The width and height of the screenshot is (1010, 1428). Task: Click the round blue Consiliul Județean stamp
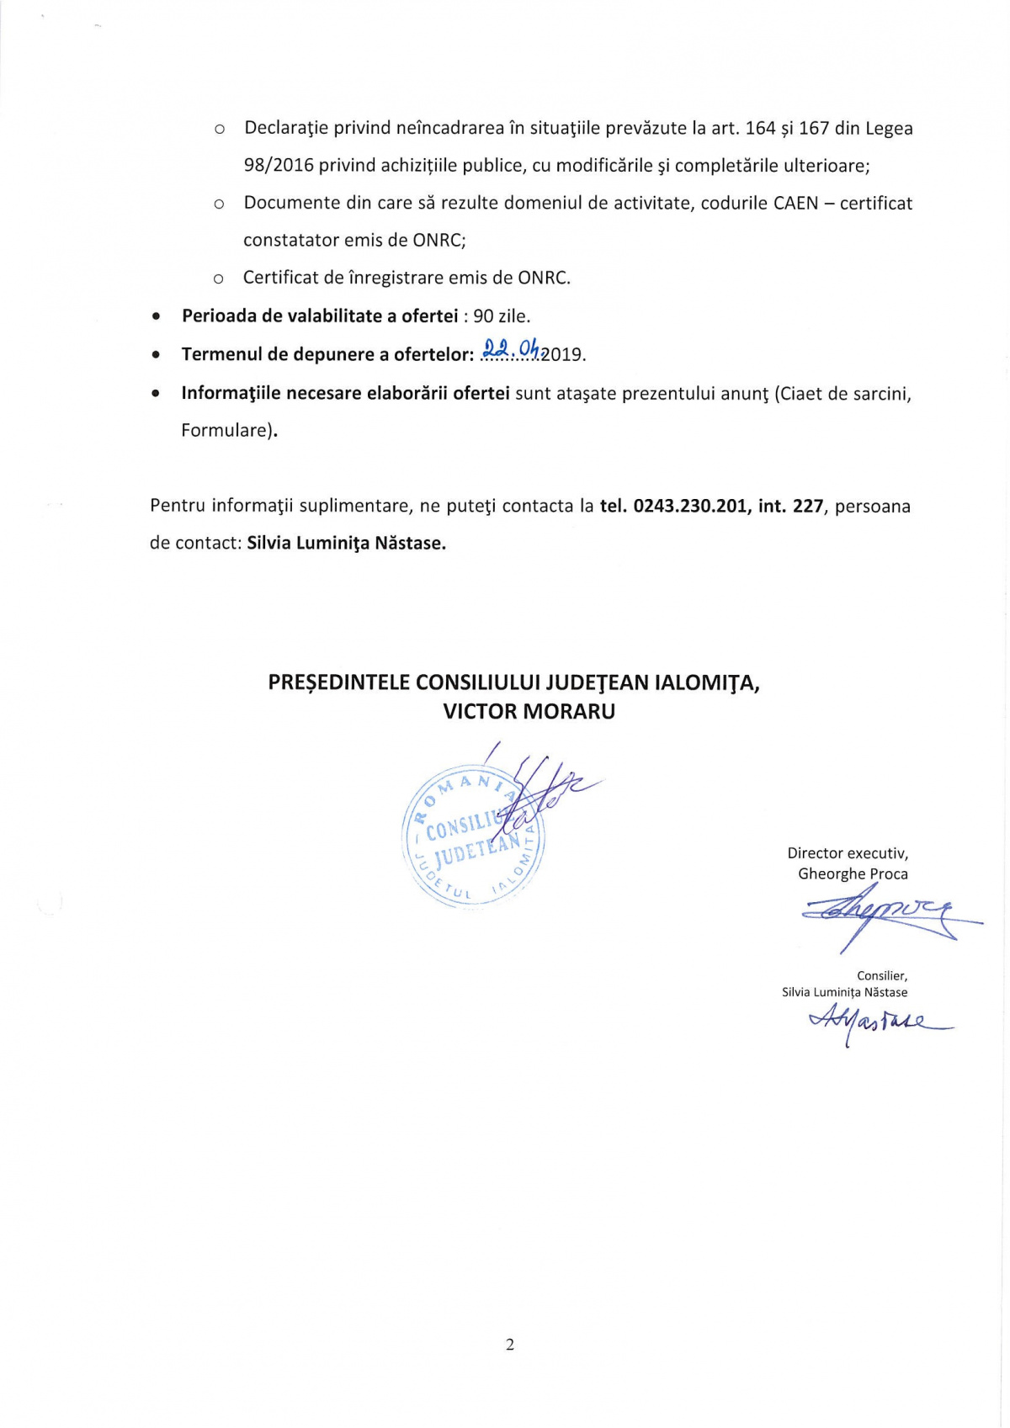[473, 837]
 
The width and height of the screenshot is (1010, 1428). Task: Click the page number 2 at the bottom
[509, 1344]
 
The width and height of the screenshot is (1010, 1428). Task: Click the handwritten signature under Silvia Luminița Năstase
[875, 1022]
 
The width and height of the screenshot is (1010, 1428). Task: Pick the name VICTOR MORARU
[529, 712]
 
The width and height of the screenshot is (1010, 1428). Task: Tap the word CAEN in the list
[795, 203]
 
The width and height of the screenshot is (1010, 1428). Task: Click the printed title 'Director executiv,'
[848, 853]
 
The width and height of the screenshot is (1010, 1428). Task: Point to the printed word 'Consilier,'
[882, 976]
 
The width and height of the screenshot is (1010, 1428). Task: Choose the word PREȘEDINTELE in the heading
[339, 682]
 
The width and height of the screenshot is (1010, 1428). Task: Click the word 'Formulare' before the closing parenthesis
[226, 430]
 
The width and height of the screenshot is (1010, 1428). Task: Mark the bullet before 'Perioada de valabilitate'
[157, 317]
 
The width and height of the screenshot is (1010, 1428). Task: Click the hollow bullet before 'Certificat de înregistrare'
[218, 279]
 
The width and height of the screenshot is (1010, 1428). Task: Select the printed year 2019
[561, 354]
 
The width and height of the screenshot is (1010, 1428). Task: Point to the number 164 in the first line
[760, 128]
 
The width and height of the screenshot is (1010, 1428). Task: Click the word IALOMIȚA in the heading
[707, 682]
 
